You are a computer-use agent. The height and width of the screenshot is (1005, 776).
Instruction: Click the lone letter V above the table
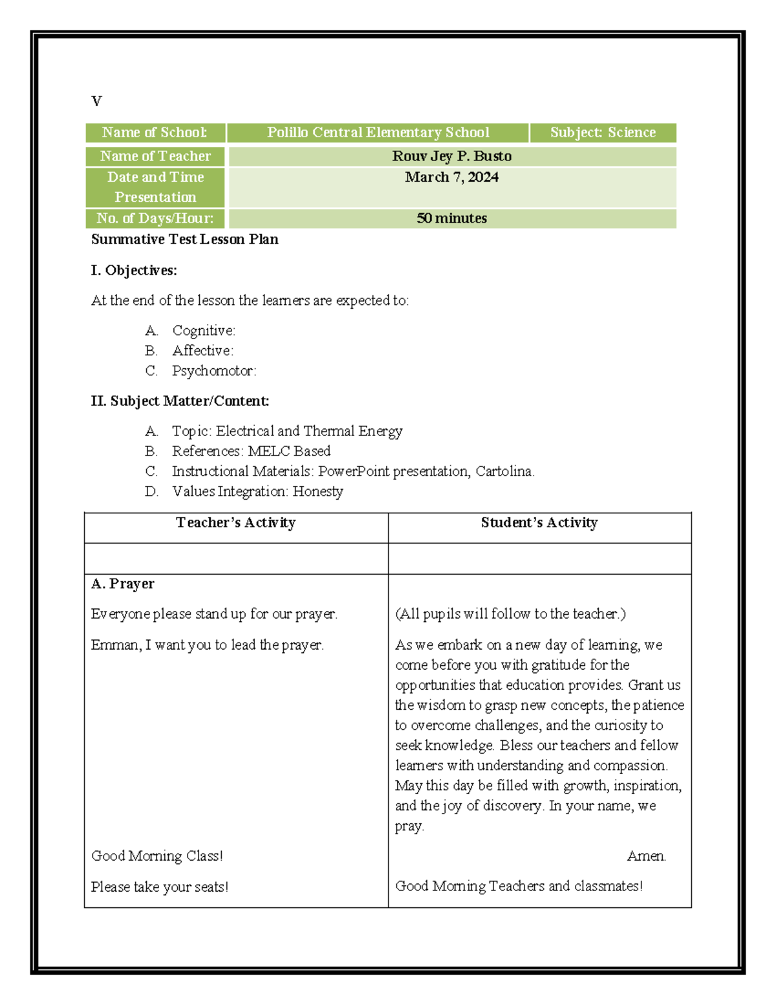pyautogui.click(x=96, y=102)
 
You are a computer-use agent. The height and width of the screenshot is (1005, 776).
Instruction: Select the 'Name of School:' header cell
pyautogui.click(x=155, y=133)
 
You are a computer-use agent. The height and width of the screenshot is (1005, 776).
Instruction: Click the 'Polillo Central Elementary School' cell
pyautogui.click(x=378, y=133)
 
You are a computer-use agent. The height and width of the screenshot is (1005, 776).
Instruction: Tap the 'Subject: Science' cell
pyautogui.click(x=603, y=133)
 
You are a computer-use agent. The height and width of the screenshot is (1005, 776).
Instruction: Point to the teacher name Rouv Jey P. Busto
pyautogui.click(x=451, y=157)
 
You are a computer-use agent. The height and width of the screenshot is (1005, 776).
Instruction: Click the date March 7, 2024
pyautogui.click(x=451, y=177)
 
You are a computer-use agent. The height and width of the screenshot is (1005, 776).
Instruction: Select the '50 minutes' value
pyautogui.click(x=451, y=219)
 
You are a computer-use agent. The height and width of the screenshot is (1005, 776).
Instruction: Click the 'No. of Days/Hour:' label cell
pyautogui.click(x=155, y=219)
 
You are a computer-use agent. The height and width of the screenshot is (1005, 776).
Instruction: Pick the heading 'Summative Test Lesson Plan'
pyautogui.click(x=184, y=239)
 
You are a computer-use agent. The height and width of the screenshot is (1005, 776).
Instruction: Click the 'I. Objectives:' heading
pyautogui.click(x=134, y=271)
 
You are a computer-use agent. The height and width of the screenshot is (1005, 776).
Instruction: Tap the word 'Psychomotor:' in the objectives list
pyautogui.click(x=214, y=371)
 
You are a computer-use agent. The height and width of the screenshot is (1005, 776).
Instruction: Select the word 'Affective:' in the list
pyautogui.click(x=202, y=351)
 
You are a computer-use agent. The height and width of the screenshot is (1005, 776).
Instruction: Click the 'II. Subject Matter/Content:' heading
pyautogui.click(x=180, y=401)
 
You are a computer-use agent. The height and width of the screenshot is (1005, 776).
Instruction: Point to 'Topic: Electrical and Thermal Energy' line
pyautogui.click(x=286, y=431)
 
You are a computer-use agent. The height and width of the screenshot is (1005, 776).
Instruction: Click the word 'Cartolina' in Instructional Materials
pyautogui.click(x=504, y=472)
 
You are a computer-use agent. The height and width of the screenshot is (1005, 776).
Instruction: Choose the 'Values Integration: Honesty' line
pyautogui.click(x=257, y=492)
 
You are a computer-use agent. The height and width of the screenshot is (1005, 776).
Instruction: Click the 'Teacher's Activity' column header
pyautogui.click(x=235, y=523)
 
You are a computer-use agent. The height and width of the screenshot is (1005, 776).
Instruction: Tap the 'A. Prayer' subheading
pyautogui.click(x=123, y=584)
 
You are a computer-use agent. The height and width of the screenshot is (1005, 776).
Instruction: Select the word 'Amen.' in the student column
pyautogui.click(x=646, y=856)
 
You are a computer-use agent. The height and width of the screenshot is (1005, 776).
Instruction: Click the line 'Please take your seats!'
pyautogui.click(x=159, y=887)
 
